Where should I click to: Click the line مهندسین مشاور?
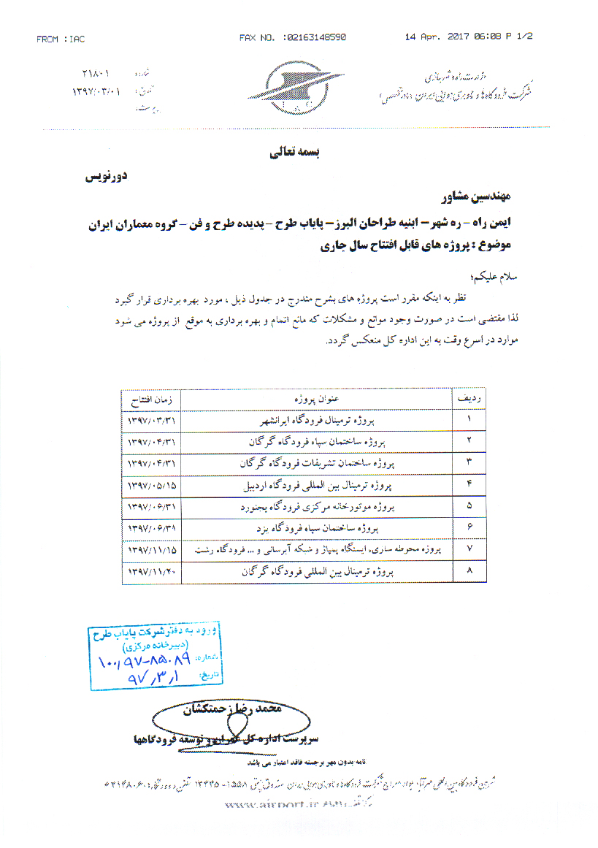click(478, 197)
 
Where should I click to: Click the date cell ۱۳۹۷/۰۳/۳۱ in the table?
click(151, 421)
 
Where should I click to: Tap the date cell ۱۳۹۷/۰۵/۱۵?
click(151, 485)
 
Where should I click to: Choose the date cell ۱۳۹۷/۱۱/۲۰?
click(151, 573)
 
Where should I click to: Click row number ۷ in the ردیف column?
click(468, 548)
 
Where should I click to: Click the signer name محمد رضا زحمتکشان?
click(230, 708)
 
